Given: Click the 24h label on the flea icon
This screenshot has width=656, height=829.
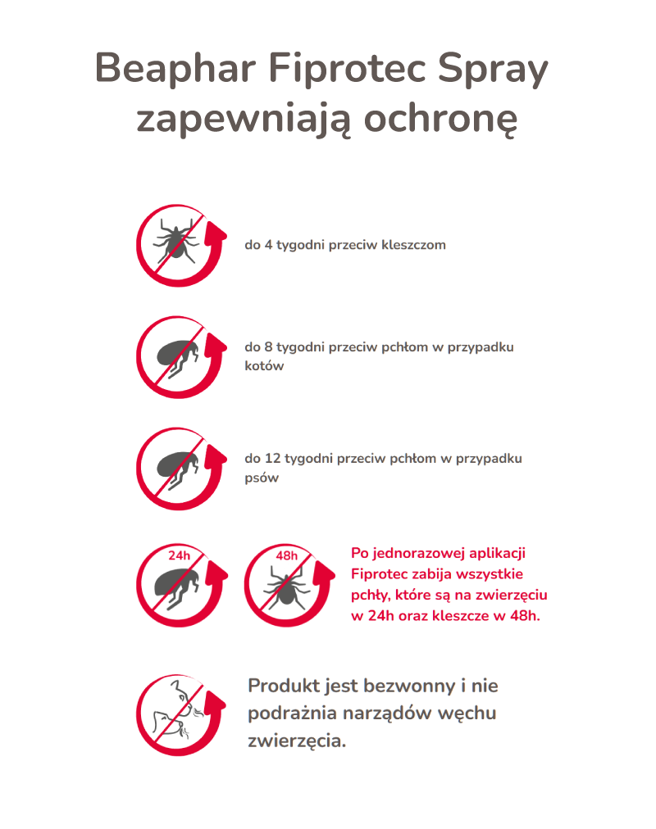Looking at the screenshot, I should coord(179,555).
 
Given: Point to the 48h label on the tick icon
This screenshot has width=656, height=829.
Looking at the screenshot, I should coord(287,555).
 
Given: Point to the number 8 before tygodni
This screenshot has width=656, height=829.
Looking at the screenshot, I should coord(268,347).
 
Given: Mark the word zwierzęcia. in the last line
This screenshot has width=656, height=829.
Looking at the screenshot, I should coord(297,741).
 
